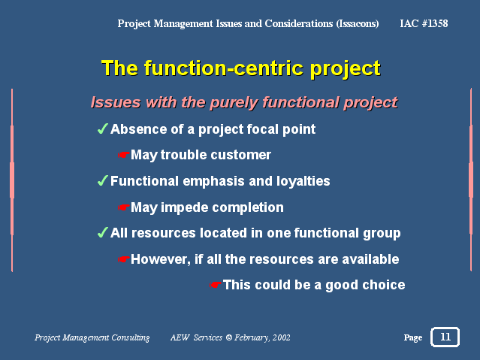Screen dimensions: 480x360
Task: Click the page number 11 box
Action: (445, 337)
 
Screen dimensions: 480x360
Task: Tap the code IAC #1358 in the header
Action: (424, 23)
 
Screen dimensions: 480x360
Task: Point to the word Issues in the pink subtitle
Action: (116, 102)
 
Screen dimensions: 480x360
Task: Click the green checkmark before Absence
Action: (103, 129)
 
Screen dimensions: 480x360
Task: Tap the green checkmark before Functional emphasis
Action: (103, 180)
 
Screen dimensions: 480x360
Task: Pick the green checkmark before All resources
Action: (103, 232)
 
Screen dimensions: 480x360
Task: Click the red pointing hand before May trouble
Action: (124, 155)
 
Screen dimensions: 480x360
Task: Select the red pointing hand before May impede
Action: (124, 207)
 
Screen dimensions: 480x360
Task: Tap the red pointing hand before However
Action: (124, 259)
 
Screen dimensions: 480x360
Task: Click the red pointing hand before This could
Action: (216, 285)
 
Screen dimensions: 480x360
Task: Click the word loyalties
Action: (303, 181)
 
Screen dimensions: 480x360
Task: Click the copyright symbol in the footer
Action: (229, 337)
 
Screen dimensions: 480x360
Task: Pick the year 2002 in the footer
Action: (282, 337)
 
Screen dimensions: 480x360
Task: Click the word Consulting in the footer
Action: (131, 337)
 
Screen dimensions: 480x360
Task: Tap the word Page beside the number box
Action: (413, 337)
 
